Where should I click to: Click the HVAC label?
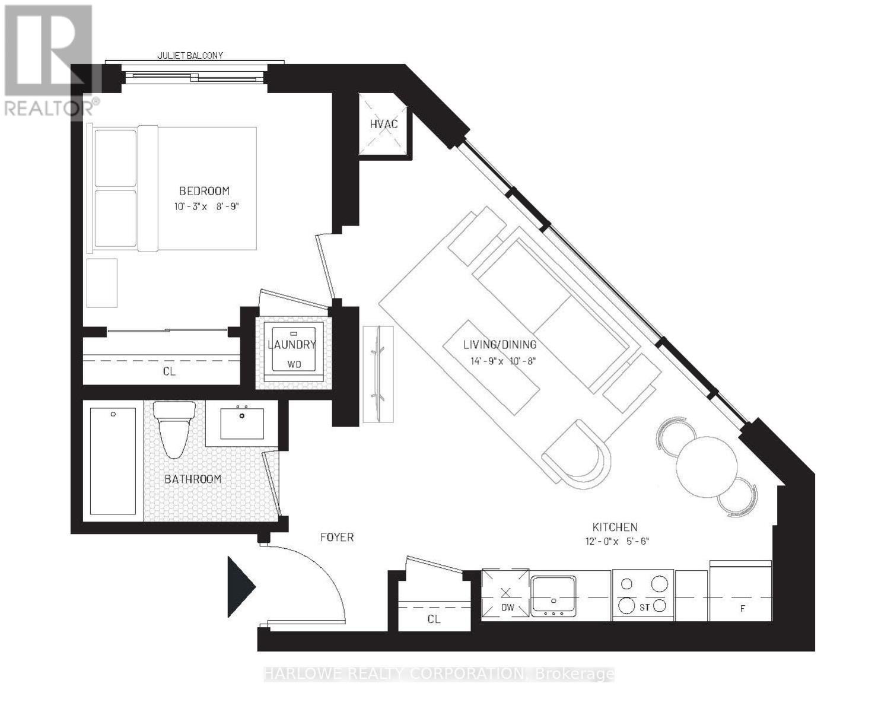(384, 123)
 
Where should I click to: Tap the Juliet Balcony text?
(190, 55)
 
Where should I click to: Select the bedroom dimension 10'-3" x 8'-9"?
(206, 206)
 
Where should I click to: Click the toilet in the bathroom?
(174, 429)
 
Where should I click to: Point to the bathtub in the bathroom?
(113, 461)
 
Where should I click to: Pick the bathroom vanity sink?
(242, 424)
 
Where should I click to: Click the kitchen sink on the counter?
(553, 596)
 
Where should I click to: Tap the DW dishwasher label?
(508, 608)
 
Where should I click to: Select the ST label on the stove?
(644, 608)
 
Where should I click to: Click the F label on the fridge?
(742, 609)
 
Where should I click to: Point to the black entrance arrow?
(241, 587)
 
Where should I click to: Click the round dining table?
(706, 467)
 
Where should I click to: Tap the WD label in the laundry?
(294, 364)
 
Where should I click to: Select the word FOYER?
(337, 537)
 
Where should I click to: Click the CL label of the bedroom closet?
(169, 371)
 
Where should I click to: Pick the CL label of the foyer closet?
(434, 619)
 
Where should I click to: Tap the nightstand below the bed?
(102, 283)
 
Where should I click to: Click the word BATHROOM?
(193, 479)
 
